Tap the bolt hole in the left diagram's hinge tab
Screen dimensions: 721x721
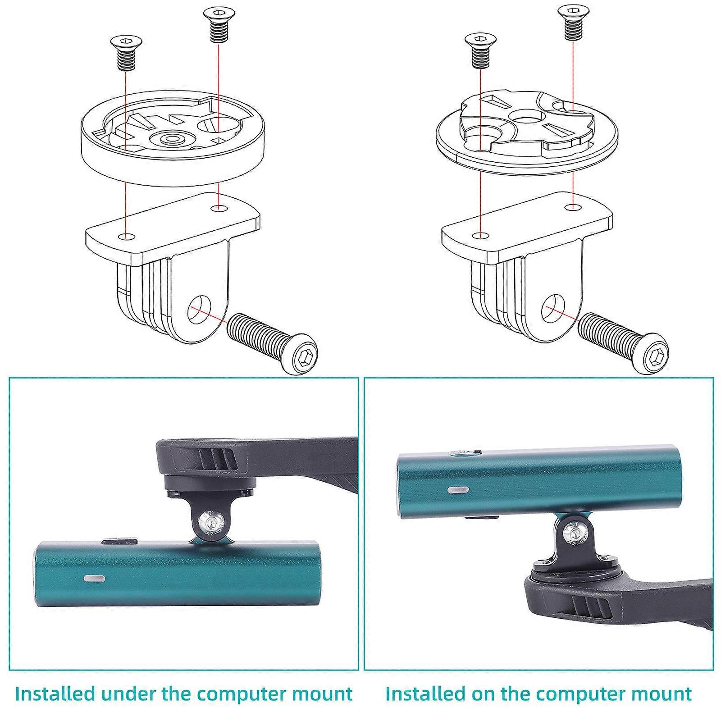199,310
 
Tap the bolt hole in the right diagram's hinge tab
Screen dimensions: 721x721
554,309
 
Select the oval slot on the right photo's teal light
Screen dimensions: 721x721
458,489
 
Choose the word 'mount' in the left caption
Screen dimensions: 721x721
323,694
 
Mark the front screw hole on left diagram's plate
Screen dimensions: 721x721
127,237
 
